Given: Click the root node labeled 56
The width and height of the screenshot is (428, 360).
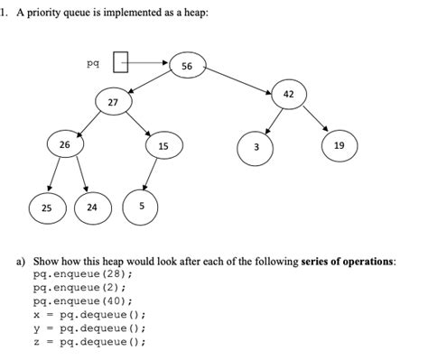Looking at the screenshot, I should click(187, 67).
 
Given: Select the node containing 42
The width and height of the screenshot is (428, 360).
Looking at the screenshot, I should click(287, 94).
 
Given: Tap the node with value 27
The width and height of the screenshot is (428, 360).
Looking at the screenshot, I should click(113, 103).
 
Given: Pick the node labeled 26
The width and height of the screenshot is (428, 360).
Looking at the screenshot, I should click(64, 144).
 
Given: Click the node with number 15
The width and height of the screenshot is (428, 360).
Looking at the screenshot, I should click(163, 145).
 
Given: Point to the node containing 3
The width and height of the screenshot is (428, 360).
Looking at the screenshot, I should click(256, 147).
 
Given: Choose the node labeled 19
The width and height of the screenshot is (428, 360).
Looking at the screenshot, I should click(338, 145).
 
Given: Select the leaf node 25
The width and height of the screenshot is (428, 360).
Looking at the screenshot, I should click(44, 207).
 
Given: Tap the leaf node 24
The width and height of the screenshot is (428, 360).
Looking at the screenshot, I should click(91, 207).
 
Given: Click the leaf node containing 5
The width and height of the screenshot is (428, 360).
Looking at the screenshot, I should click(141, 206).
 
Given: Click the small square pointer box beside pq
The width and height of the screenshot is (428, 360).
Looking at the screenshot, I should click(119, 63).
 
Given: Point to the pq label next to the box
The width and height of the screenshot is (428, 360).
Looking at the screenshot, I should click(92, 63).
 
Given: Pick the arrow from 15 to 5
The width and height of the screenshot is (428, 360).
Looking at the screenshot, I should click(151, 174).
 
